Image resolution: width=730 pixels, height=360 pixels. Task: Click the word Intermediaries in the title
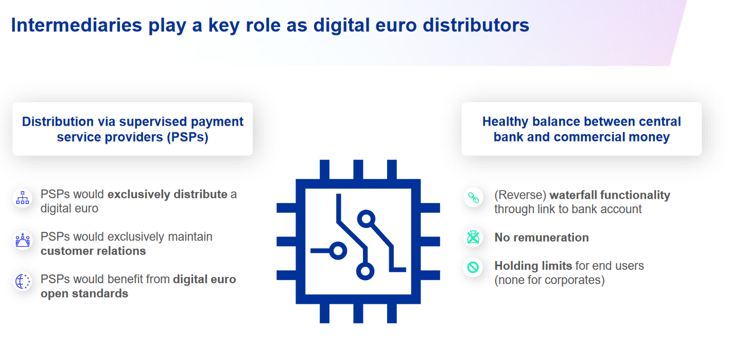pos(77,25)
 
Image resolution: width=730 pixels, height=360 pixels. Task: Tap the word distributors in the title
pos(476,25)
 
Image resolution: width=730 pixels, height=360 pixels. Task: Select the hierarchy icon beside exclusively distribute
pos(23,198)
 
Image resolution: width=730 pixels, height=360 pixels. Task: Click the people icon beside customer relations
pos(23,241)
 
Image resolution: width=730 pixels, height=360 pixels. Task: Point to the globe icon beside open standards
pos(23,281)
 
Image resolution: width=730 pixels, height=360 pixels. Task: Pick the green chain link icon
pos(473,198)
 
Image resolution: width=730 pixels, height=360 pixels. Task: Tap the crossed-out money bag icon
pos(473,237)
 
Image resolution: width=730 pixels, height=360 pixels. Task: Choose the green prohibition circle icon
pos(473,267)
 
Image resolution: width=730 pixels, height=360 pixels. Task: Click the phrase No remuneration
pos(542,237)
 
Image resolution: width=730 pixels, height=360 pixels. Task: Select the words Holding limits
pos(533,266)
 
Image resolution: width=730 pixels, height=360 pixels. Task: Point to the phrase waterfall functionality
pos(610,195)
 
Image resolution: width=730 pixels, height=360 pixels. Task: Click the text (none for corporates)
pos(549,280)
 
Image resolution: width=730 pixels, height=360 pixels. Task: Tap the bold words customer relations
pos(93,251)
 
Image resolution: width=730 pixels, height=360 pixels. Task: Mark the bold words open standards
pos(84,294)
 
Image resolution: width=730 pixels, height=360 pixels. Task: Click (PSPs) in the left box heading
pos(188,137)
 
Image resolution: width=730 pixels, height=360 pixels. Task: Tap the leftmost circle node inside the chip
pos(338,251)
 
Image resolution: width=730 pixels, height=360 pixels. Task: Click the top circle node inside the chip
pos(366,219)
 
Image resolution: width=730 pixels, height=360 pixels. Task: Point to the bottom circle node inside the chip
pos(365,271)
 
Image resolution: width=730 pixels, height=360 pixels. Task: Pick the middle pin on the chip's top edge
pos(358,169)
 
